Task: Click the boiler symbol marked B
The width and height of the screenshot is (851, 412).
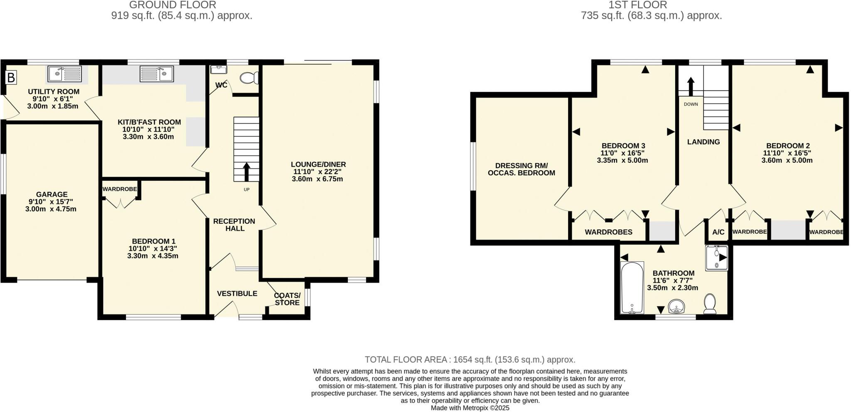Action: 11,77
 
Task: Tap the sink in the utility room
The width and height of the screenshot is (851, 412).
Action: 65,74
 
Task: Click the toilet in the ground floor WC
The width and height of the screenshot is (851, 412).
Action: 249,78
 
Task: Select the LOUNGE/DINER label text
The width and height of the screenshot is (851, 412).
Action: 318,164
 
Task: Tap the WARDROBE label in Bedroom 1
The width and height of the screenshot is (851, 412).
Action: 120,189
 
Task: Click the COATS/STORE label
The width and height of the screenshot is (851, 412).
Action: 287,299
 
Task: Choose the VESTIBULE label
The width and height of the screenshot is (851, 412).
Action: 237,294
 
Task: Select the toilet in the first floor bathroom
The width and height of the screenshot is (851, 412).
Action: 710,304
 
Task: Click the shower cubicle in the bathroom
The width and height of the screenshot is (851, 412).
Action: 717,258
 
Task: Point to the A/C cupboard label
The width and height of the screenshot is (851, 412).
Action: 718,233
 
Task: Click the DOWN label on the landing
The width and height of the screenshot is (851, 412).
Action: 691,104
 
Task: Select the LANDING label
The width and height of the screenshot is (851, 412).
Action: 703,142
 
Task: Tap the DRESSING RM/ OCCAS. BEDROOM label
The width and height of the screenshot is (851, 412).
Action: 521,169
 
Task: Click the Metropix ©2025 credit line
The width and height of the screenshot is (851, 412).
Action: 470,408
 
